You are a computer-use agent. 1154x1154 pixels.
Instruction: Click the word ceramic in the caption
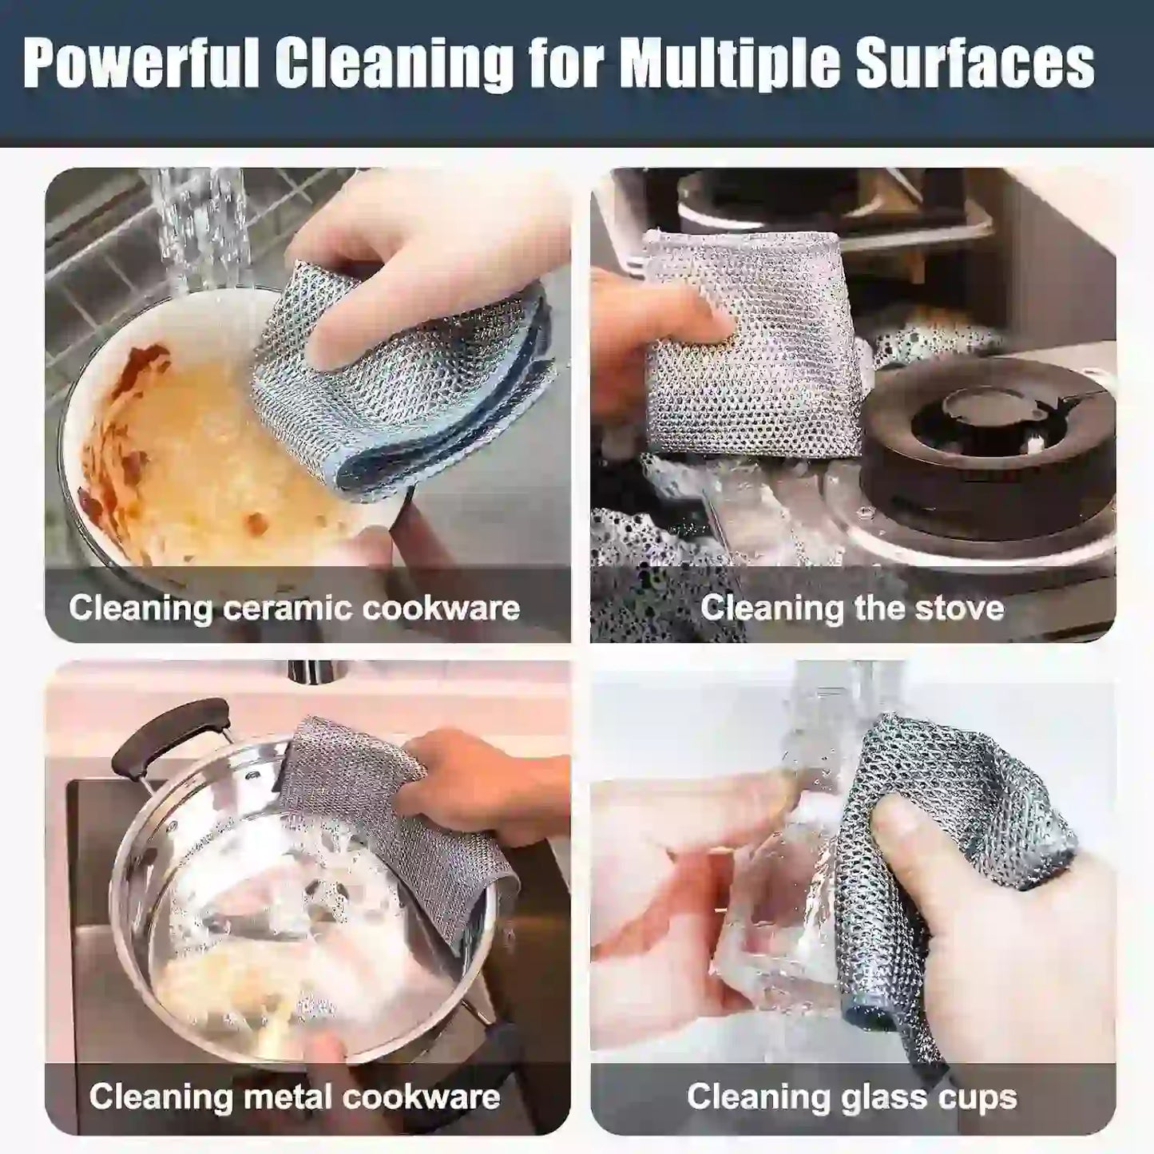click(288, 609)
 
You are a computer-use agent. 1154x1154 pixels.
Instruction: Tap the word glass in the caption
click(882, 1096)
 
